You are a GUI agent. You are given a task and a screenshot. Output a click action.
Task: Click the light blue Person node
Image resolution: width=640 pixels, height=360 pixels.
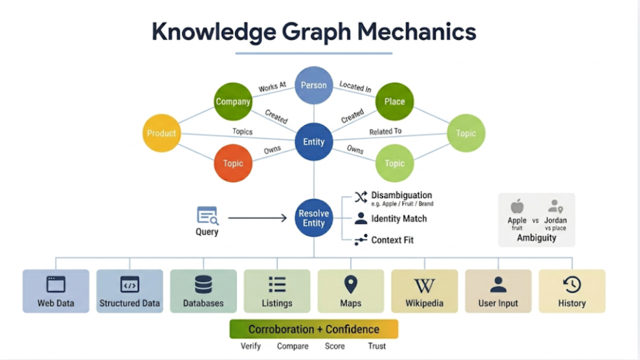tap(314, 85)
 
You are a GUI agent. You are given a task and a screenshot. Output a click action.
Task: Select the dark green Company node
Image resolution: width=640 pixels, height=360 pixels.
tap(232, 101)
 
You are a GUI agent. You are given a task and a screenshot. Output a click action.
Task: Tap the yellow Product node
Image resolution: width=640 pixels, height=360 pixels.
tap(161, 133)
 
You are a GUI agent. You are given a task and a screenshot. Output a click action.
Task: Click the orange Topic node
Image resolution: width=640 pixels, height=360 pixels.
tap(232, 163)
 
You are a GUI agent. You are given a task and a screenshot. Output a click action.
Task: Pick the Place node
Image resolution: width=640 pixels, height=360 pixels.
tap(394, 101)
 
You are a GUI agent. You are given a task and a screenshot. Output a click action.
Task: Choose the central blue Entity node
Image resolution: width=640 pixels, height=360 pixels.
tap(314, 142)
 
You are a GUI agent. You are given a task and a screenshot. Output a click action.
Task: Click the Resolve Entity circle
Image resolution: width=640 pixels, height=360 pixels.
tap(314, 218)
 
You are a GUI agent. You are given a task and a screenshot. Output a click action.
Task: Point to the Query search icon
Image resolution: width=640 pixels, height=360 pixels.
tap(207, 216)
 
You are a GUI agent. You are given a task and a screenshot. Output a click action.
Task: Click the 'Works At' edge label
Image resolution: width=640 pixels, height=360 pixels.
tap(272, 87)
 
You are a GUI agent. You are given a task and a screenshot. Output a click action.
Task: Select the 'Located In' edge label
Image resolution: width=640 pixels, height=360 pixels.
tap(355, 87)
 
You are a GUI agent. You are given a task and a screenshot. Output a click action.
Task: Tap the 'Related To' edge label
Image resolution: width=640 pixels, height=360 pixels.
tap(385, 131)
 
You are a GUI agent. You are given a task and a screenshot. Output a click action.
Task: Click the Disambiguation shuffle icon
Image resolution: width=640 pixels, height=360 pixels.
tap(361, 197)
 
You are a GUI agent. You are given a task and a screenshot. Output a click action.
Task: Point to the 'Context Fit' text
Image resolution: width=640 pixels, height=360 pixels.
tap(392, 240)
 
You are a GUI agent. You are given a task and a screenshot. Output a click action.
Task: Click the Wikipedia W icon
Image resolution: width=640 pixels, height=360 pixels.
tap(424, 286)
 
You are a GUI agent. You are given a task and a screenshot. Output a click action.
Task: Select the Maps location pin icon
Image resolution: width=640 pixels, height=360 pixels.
tap(351, 285)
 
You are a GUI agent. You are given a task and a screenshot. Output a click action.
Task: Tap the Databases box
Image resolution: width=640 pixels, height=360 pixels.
tap(203, 291)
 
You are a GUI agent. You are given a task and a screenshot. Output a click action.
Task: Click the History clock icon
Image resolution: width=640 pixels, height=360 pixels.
tap(572, 285)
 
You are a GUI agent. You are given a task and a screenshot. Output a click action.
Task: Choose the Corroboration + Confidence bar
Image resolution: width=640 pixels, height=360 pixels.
tap(314, 329)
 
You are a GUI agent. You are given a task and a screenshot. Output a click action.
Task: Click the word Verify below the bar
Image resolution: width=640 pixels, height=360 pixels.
tap(251, 346)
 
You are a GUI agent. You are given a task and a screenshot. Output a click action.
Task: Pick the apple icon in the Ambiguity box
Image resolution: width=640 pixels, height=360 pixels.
tap(517, 206)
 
